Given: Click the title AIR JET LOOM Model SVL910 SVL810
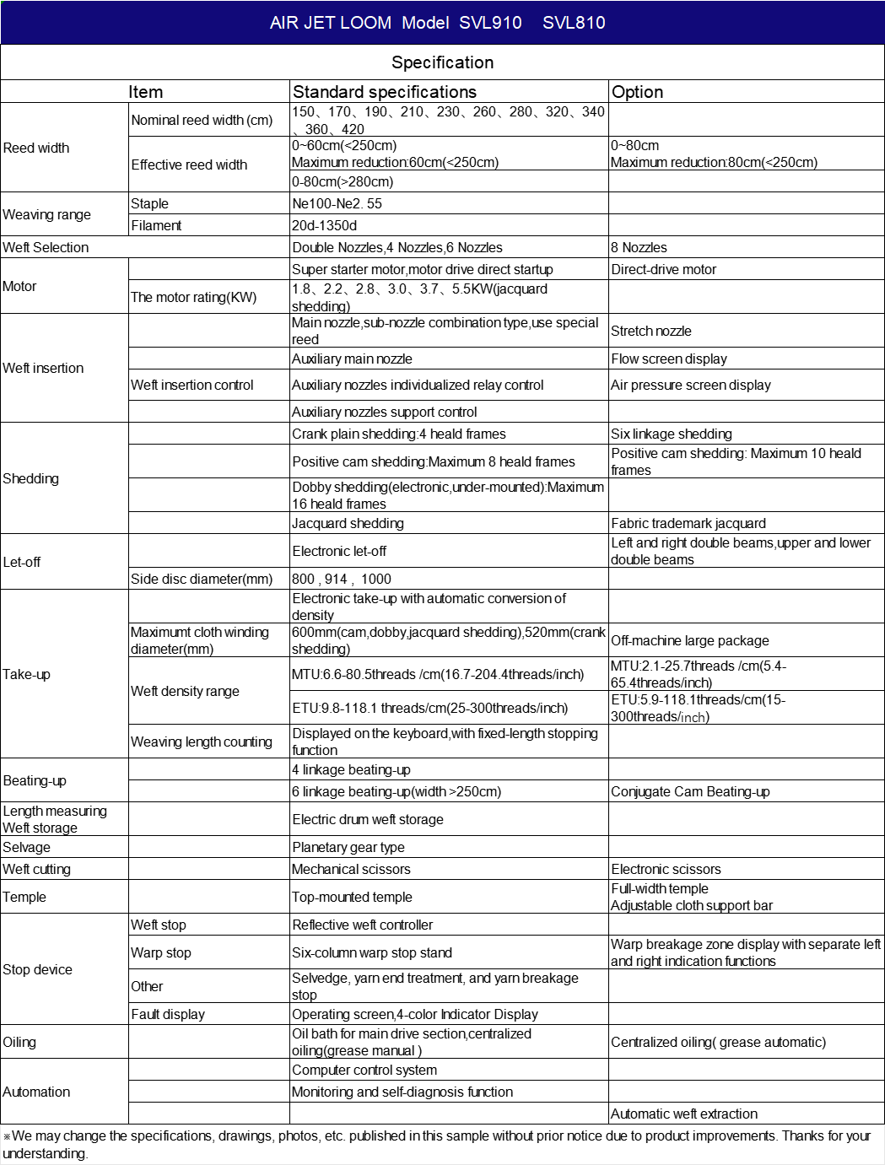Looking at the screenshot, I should point(437,23).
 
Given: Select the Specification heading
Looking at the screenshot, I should point(442,62).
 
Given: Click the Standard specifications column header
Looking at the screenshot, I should point(384,92).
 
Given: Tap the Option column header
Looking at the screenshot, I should point(637,92).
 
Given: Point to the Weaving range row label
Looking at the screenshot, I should point(47,214).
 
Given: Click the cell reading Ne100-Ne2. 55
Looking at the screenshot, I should point(337,203).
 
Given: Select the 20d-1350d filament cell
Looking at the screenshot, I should point(325,225).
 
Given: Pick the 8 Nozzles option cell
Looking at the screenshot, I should point(639,247).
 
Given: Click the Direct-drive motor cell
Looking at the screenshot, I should point(663,269).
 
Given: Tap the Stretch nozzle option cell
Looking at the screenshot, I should point(651,331).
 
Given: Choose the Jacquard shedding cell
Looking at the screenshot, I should point(348,523).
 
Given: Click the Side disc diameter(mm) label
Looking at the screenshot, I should point(202,579).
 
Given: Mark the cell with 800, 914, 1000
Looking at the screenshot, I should point(342,579).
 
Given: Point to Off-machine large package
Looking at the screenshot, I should point(690,640).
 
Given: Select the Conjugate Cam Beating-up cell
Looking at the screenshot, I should point(690,791).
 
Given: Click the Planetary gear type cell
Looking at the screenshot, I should point(348,847).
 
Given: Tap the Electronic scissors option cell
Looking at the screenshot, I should point(666,869).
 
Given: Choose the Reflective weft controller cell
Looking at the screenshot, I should point(362,925).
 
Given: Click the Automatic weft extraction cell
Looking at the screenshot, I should point(684,1114).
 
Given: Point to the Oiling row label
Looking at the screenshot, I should point(19,1042).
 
